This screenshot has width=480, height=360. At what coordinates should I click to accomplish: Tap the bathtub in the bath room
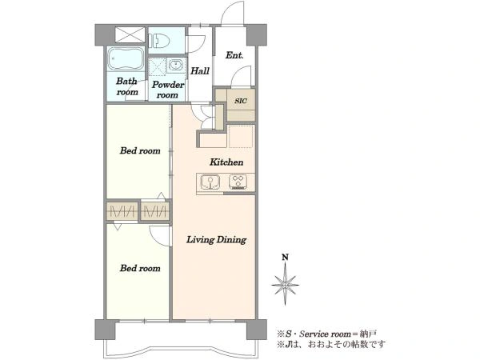(x=126, y=58)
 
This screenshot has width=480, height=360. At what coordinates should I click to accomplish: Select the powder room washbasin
(x=176, y=66)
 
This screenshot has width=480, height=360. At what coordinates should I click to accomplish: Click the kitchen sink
(x=210, y=182)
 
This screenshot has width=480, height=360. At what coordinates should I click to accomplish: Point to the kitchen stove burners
(x=238, y=182)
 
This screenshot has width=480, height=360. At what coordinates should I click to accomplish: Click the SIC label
(x=241, y=101)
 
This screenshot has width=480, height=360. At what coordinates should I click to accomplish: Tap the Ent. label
(x=234, y=55)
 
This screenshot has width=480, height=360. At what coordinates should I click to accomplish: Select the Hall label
(x=200, y=71)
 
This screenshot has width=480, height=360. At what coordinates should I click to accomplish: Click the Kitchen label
(x=226, y=162)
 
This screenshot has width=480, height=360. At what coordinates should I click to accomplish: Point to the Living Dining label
(x=216, y=239)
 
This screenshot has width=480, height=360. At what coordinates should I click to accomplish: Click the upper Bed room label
(x=140, y=150)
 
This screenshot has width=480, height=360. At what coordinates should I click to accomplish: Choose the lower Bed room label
(x=140, y=268)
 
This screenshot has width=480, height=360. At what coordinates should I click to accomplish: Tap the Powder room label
(x=168, y=90)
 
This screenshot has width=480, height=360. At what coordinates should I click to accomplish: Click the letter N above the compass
(x=285, y=257)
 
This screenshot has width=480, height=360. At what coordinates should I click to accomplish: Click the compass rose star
(x=285, y=284)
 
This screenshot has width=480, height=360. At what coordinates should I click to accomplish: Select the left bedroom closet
(x=122, y=210)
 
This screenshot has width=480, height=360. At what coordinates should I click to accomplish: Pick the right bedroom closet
(x=155, y=210)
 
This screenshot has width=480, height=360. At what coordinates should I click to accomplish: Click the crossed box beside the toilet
(x=130, y=34)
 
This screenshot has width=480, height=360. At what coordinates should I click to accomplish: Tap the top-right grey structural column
(x=257, y=34)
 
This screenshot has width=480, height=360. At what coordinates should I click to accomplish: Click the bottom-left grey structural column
(x=105, y=330)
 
